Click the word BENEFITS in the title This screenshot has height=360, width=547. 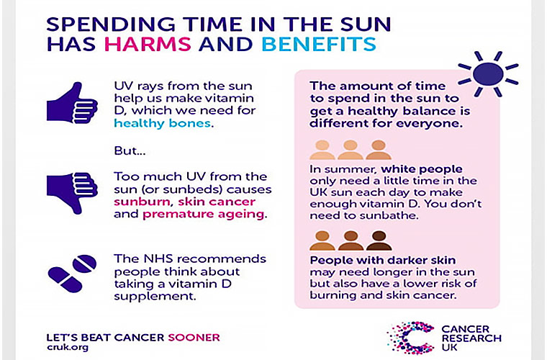tap(318, 44)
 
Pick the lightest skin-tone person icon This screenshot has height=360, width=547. tap(322, 150)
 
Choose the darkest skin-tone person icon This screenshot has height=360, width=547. tap(379, 240)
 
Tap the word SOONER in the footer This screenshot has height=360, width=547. tap(194, 336)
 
